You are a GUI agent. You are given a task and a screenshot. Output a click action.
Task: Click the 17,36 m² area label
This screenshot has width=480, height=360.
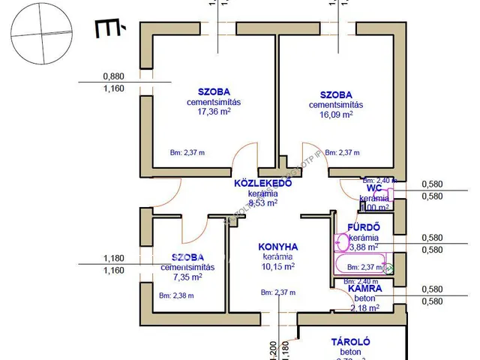tap(208, 112)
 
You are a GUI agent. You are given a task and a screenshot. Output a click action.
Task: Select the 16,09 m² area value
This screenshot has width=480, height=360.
tap(335, 115)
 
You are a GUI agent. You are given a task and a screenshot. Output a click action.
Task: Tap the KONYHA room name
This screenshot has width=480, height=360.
tap(278, 247)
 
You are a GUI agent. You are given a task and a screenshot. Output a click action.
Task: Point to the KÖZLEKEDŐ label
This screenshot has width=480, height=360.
tap(262, 182)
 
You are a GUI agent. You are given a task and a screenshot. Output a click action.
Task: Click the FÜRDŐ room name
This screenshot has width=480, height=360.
tap(365, 227)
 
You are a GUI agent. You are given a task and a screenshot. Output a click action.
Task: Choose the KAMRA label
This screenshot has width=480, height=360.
tap(365, 288)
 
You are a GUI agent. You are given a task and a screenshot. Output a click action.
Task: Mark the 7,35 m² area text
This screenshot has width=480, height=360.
tap(187, 277)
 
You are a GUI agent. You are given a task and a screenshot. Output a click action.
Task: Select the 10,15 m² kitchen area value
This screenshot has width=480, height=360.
tap(277, 265)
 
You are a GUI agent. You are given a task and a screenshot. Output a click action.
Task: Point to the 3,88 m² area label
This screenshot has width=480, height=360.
tap(363, 245)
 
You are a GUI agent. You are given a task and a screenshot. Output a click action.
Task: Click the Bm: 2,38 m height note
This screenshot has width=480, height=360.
tap(176, 295)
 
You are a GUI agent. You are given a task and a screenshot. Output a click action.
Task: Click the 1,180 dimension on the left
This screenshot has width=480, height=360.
tap(113, 259)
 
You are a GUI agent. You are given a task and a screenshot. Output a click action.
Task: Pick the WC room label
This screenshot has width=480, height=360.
tap(375, 188)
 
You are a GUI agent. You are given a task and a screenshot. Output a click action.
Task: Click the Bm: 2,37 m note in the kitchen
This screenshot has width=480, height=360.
tap(277, 292)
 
